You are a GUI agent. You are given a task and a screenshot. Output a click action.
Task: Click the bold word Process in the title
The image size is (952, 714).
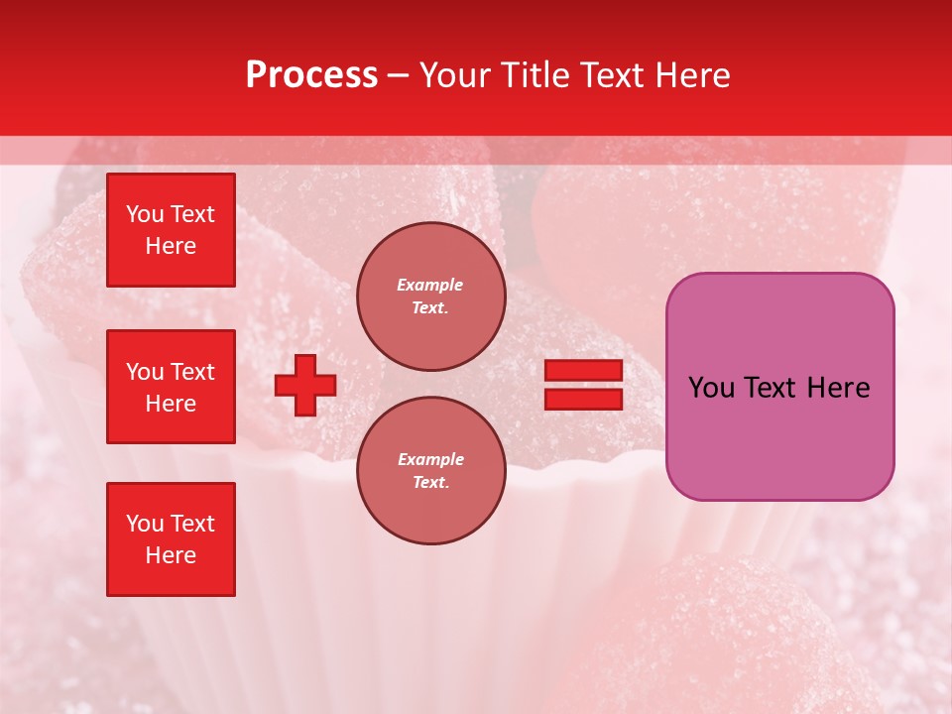[x=311, y=75]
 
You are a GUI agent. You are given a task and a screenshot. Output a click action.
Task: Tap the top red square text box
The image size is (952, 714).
[x=171, y=230]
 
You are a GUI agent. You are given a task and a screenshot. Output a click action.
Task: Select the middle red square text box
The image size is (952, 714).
[x=171, y=387]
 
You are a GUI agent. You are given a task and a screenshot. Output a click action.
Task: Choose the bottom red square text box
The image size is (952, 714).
[x=171, y=539]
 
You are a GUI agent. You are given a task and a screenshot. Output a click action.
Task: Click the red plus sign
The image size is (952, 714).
[x=305, y=385]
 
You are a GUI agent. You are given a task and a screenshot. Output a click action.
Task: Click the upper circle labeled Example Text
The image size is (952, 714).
[x=430, y=296]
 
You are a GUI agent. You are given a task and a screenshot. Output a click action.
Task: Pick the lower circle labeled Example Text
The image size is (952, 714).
[x=430, y=470]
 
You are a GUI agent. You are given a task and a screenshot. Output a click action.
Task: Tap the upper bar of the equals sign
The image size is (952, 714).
[x=583, y=370]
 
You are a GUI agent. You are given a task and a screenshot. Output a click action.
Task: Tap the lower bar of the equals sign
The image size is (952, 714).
[x=583, y=399]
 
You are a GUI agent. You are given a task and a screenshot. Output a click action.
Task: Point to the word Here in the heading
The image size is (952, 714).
[x=690, y=75]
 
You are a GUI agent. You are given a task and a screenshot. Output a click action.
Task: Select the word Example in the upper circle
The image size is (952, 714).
[x=429, y=285]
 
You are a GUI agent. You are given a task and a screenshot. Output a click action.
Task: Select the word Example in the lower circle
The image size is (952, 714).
[x=430, y=459]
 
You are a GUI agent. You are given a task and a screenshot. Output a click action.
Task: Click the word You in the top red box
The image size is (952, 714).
[x=145, y=214]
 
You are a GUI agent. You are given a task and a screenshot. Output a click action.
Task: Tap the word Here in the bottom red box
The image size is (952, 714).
[x=171, y=555]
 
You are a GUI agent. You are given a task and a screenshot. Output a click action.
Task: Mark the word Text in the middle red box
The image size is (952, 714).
[x=191, y=372]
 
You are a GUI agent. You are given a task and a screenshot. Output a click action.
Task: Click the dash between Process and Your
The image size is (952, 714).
[x=399, y=75]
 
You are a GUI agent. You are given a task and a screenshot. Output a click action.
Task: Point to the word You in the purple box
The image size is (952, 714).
[x=711, y=388]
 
